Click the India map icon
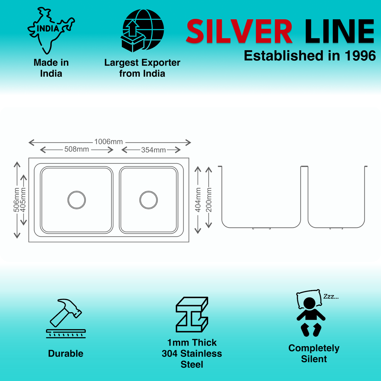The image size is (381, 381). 51,31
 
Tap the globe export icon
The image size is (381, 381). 142,31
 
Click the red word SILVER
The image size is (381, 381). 239,31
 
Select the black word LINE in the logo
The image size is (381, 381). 340,31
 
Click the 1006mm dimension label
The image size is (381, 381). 109,142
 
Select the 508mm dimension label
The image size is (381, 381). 77,149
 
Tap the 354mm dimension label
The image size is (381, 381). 153,150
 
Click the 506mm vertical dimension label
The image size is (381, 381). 16,200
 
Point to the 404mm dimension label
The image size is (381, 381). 198,200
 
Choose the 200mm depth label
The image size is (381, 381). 209,200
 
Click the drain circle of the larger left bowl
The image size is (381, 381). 77,200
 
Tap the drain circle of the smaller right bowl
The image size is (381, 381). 148,200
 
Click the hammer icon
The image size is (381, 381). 66,318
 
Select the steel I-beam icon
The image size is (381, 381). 192,314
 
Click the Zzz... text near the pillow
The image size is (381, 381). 331,297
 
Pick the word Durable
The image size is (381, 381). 66,354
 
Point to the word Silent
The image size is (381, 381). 314,359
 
